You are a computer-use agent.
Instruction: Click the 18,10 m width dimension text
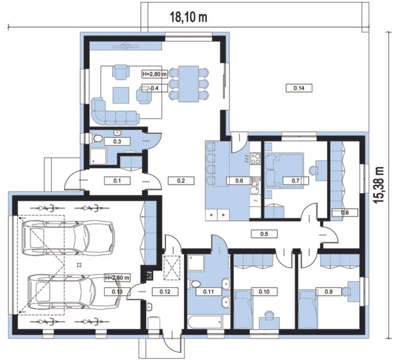[189, 17]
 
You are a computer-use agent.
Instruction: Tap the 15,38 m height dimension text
[379, 184]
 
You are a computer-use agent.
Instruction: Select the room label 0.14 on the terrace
[299, 88]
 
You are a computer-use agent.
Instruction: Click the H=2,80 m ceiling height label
[155, 74]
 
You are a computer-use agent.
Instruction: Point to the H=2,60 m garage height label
[117, 278]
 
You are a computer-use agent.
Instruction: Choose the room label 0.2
[181, 181]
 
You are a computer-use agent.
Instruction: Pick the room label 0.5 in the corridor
[264, 233]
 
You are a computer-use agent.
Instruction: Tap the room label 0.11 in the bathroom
[209, 292]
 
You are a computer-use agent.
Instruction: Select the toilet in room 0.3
[97, 138]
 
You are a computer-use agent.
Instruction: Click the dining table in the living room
[189, 84]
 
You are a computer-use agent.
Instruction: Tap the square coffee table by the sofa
[121, 95]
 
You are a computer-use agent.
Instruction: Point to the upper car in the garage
[68, 237]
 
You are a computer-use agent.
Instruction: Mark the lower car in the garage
[74, 292]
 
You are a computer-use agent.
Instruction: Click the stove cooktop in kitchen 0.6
[255, 158]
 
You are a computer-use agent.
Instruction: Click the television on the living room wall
[125, 46]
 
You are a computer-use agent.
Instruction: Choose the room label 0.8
[345, 212]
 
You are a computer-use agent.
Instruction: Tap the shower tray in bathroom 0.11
[196, 263]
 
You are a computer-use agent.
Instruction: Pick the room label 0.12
[165, 292]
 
